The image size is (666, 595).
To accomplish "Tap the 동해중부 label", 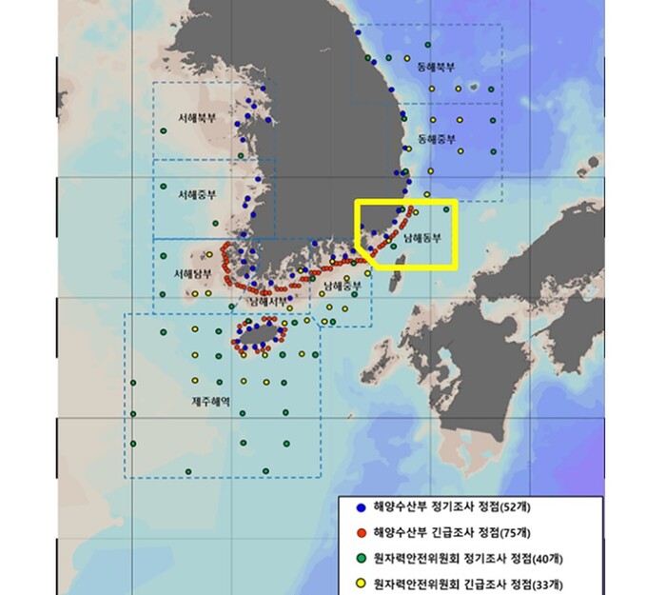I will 437,139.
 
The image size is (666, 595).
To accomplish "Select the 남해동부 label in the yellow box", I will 422,238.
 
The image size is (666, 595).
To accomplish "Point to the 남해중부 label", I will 343,285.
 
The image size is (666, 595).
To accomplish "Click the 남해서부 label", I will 268,301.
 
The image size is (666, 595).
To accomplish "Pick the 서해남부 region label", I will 192,274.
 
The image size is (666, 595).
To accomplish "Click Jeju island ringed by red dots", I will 257,334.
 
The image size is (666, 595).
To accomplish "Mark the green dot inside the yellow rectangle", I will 445,209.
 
